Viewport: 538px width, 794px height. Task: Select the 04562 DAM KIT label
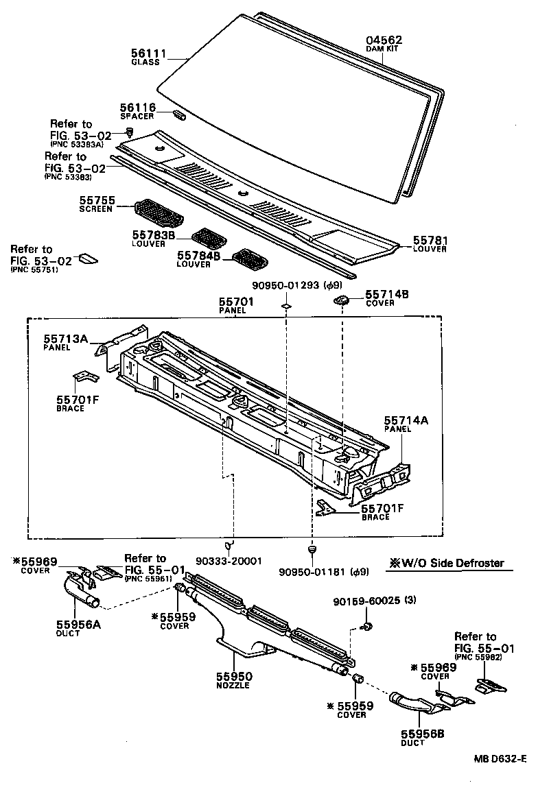(x=384, y=40)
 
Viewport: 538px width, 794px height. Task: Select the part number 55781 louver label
(x=430, y=241)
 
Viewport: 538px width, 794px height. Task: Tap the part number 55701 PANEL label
(x=236, y=302)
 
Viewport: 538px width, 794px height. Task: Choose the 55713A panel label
(x=67, y=339)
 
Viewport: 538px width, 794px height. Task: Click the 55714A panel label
(x=406, y=420)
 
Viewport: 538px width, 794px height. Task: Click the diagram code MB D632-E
(x=498, y=758)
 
